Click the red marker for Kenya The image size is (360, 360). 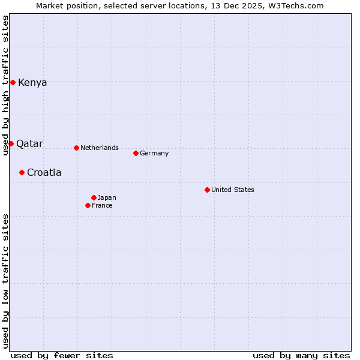(13, 82)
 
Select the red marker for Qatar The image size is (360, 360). (11, 143)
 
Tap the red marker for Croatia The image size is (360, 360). (22, 172)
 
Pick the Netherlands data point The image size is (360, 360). (76, 148)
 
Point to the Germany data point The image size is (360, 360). (136, 153)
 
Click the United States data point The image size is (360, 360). (207, 190)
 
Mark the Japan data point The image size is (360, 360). (94, 197)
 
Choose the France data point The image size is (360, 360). (88, 205)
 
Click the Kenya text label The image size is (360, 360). (32, 83)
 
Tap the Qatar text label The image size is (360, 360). (29, 144)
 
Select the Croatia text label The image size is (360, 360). (44, 173)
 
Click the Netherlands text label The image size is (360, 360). (100, 148)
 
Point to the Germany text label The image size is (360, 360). (154, 154)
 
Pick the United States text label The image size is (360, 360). (233, 190)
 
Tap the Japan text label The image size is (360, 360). (107, 198)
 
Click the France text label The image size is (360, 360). (102, 206)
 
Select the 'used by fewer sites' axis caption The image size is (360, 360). (62, 355)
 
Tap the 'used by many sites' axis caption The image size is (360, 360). (301, 355)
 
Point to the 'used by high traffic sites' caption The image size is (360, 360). (5, 85)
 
